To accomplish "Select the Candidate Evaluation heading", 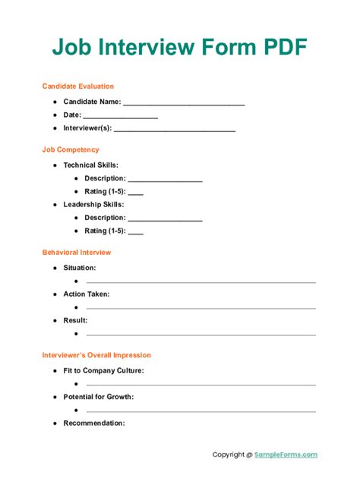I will coord(78,86).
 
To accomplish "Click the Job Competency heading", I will coord(71,149).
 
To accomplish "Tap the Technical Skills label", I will coord(90,165).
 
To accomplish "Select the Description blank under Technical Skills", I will coord(166,180).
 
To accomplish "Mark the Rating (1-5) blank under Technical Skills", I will coord(136,193).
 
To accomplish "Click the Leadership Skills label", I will coord(93,204).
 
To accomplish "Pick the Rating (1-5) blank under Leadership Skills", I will coord(136,232).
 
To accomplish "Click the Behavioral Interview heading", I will coord(77,252).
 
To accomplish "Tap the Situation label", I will coord(80,268).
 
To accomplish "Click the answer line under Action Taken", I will coord(201,308).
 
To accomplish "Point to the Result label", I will coord(75,320).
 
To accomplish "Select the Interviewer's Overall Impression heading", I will coord(96,355).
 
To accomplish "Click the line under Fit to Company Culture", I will coord(201,385).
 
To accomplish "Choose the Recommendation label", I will coord(94,423).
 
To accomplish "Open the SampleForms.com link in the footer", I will coord(286,455).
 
